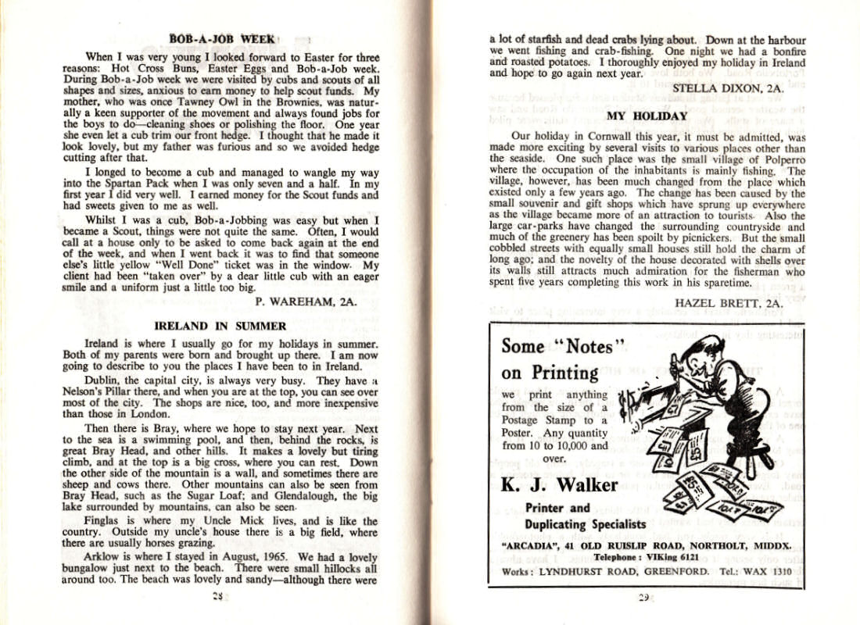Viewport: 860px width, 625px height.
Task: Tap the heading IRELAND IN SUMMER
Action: (220, 326)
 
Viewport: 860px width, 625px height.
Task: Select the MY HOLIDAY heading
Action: (647, 116)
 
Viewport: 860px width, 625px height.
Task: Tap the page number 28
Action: (219, 597)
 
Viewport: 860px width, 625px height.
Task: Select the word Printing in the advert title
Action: (561, 372)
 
